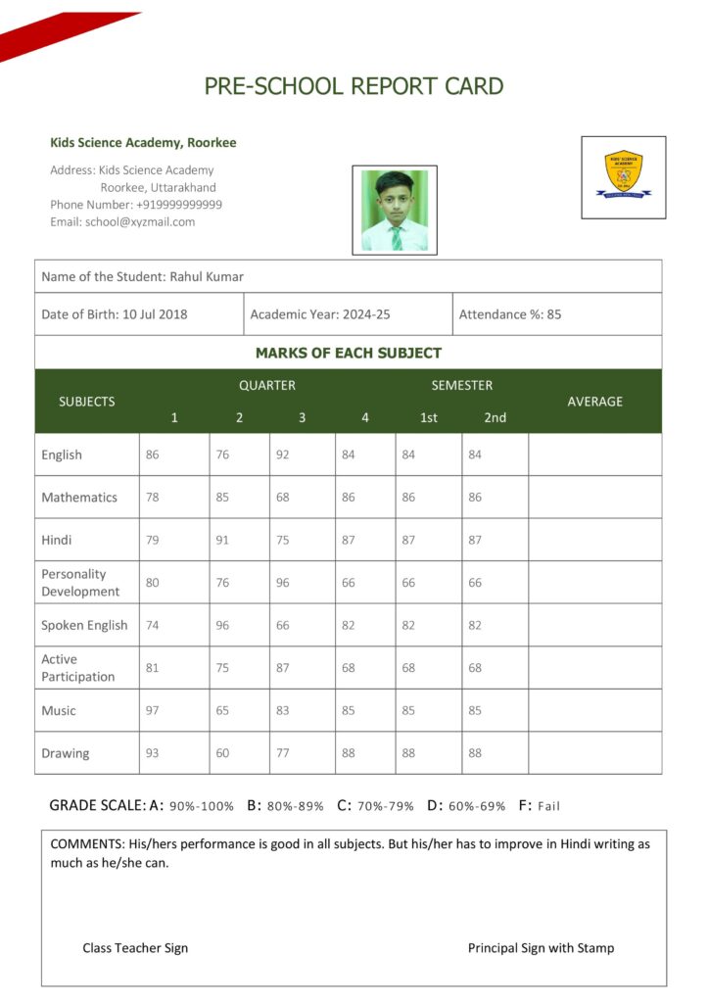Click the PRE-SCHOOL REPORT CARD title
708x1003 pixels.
tap(354, 86)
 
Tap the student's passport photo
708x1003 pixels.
tap(395, 210)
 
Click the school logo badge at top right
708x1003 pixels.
tap(623, 176)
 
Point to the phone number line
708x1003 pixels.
tap(136, 205)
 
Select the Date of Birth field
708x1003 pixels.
tap(115, 314)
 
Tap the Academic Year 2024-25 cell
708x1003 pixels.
tap(320, 314)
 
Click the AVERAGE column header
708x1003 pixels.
tap(594, 401)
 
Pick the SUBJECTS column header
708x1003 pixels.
tap(86, 401)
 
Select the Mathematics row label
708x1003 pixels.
tap(79, 498)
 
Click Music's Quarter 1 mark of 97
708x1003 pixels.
tap(152, 710)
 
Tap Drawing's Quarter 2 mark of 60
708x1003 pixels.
tap(222, 753)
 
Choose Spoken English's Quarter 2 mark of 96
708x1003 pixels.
tap(222, 625)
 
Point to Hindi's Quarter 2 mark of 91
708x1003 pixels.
tap(222, 540)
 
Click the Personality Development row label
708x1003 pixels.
tap(80, 583)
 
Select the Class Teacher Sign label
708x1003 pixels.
tap(135, 948)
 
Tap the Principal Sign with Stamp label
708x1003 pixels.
tap(541, 948)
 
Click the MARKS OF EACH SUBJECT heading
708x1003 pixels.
tap(348, 353)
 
